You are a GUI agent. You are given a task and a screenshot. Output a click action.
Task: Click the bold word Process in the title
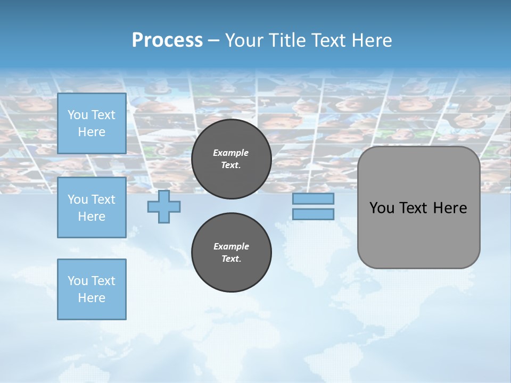click(167, 40)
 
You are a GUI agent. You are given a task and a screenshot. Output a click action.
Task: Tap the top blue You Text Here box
click(92, 123)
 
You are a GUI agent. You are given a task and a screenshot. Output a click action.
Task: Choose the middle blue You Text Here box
click(92, 207)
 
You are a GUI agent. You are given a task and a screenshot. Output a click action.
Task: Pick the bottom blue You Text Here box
click(92, 289)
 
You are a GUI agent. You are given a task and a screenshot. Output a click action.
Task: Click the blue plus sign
click(164, 207)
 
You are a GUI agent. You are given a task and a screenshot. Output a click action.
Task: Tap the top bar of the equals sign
click(313, 199)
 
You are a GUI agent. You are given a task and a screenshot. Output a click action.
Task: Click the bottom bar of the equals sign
click(313, 214)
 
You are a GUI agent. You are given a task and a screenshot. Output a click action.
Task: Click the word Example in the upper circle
click(231, 153)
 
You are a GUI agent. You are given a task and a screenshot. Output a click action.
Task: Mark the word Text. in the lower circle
click(231, 259)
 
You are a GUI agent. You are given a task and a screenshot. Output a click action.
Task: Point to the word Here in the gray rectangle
click(450, 208)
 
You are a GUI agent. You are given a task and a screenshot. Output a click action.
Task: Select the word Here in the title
click(372, 40)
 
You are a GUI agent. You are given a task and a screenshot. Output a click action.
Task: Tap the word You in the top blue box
click(77, 115)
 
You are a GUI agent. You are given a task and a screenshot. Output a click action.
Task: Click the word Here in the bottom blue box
click(92, 298)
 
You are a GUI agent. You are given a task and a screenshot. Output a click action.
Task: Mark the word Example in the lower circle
click(231, 246)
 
